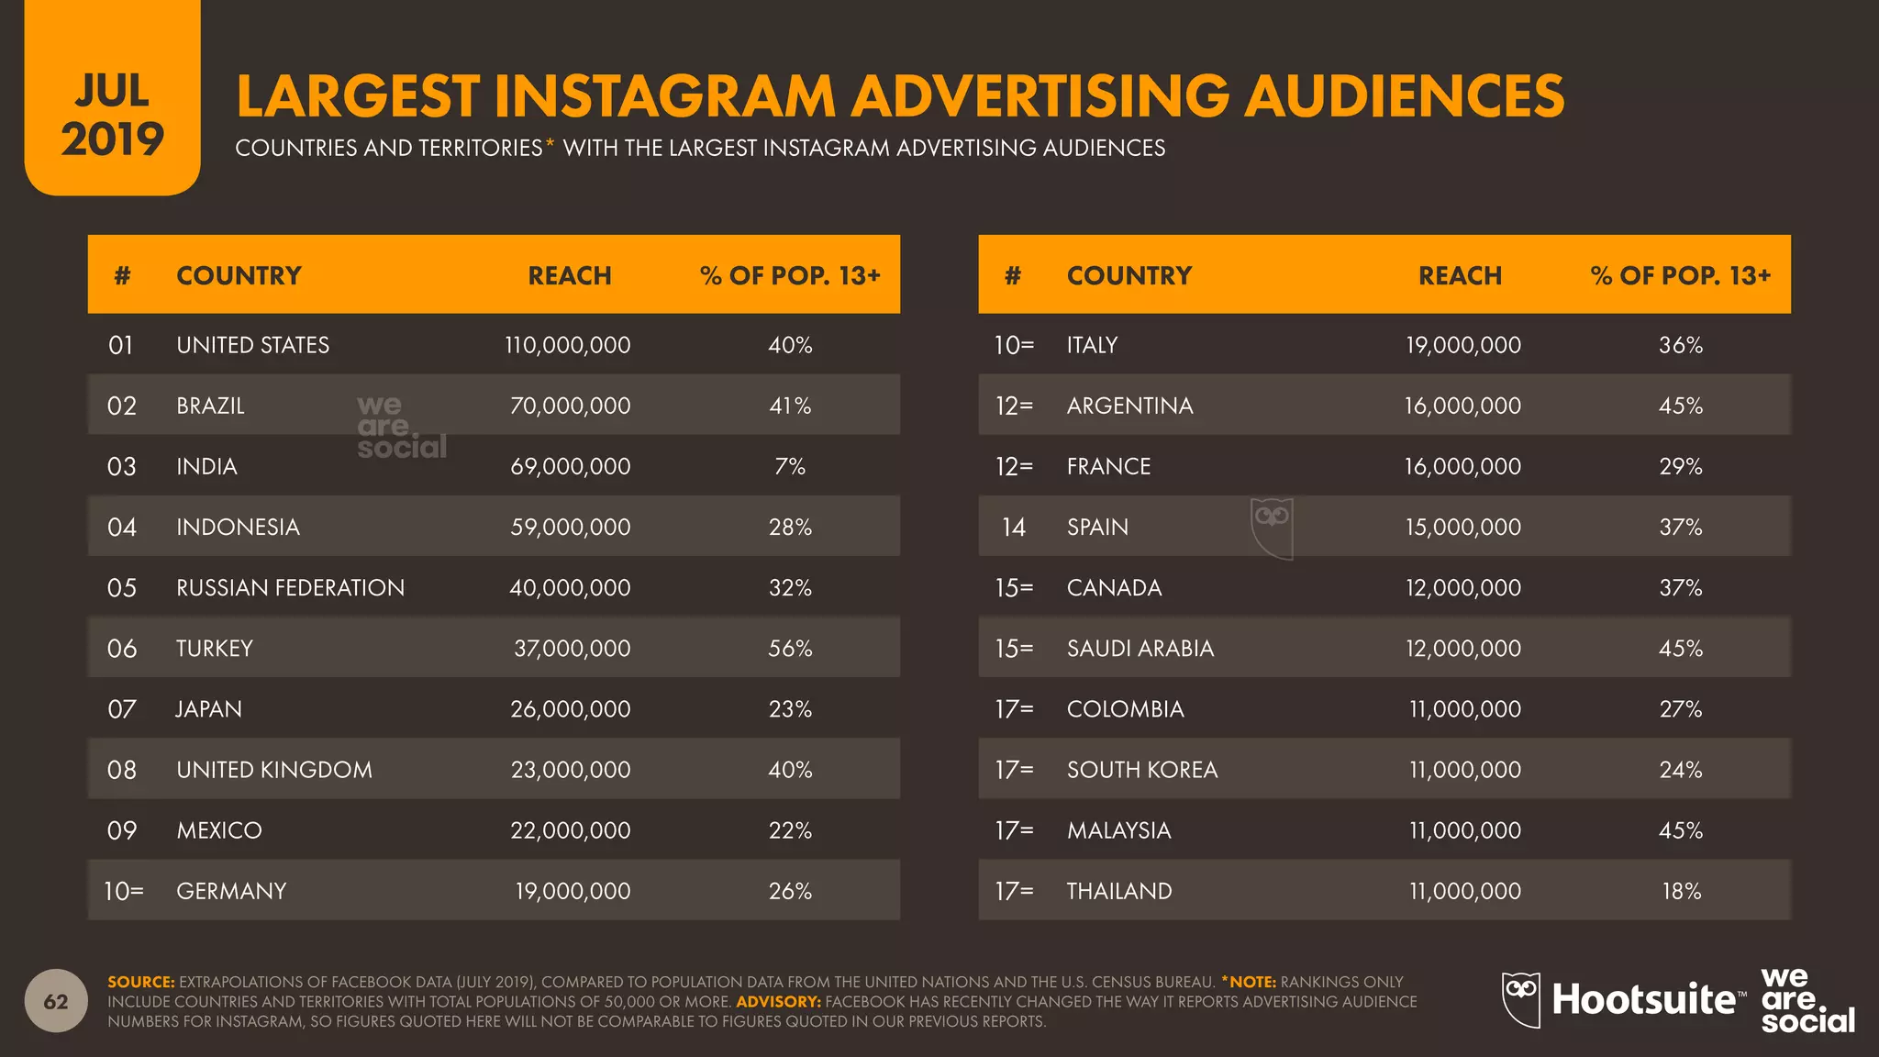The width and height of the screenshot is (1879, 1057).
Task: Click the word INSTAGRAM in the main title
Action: [664, 96]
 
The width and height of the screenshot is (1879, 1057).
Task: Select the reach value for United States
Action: [567, 345]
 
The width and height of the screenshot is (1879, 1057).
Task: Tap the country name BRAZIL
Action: [210, 406]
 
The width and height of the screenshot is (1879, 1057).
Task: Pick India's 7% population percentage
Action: [789, 466]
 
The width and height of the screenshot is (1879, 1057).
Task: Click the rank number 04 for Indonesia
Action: [121, 527]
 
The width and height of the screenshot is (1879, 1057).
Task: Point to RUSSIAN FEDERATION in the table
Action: [290, 587]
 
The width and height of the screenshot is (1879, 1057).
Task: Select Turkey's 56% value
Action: [789, 648]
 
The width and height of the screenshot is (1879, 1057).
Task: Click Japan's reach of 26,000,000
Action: [570, 708]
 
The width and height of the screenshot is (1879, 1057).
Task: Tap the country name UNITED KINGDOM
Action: [274, 769]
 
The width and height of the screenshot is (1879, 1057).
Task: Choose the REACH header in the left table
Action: [569, 275]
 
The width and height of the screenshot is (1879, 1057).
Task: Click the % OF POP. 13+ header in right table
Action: [1680, 275]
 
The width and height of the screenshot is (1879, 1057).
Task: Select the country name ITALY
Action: [1092, 345]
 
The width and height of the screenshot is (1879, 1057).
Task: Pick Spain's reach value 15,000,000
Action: [1462, 527]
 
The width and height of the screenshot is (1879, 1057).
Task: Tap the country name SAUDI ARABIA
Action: [1140, 648]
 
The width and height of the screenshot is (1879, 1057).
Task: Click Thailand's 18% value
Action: [1681, 890]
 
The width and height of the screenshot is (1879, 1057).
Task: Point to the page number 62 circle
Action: [56, 1001]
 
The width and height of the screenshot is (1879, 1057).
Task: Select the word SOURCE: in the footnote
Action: [140, 982]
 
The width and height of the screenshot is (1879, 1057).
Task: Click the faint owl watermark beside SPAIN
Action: [1272, 528]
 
